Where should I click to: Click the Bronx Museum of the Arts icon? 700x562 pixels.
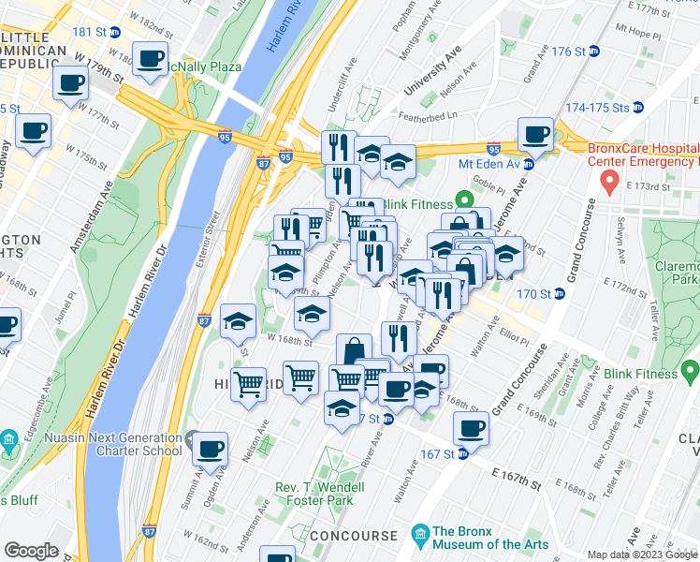[420, 535]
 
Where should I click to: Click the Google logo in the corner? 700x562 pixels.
[32, 551]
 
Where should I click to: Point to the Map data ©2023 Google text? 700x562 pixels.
[642, 555]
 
